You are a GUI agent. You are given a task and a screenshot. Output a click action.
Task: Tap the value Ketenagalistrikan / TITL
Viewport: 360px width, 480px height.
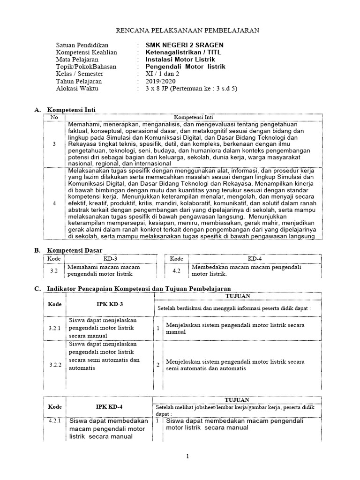(x=183, y=52)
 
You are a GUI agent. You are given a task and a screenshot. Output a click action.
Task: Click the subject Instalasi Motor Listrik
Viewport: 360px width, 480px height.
(x=180, y=60)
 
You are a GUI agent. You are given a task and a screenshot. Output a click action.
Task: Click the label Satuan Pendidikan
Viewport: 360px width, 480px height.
(x=82, y=45)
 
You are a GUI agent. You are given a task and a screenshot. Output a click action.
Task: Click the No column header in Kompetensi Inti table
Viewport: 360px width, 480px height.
(x=54, y=117)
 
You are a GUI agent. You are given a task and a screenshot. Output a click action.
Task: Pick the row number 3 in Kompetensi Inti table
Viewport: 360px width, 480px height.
(x=54, y=144)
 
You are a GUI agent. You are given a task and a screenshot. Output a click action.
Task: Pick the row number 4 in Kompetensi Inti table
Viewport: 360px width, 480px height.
(x=54, y=203)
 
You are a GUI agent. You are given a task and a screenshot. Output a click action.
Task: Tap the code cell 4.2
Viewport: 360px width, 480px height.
(x=177, y=270)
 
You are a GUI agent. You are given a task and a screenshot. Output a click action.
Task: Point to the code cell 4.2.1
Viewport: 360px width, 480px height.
(x=55, y=421)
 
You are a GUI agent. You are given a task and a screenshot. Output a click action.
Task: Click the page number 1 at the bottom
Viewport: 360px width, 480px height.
(x=187, y=457)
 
